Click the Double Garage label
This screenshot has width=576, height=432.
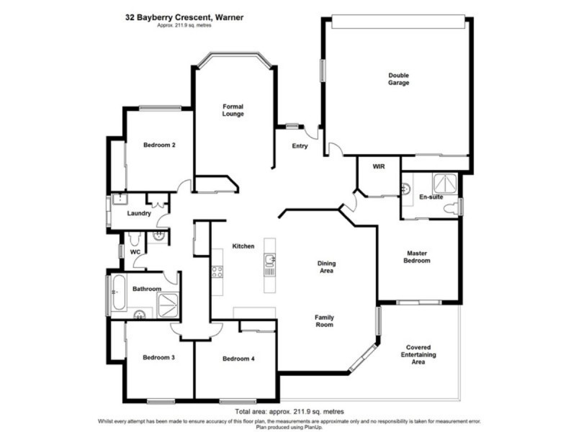(398, 79)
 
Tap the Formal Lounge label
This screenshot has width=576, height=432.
(233, 110)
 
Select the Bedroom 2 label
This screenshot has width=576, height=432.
(159, 145)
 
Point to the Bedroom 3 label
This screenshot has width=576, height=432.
(158, 358)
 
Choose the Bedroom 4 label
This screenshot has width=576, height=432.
(238, 359)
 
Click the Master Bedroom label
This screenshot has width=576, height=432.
(418, 256)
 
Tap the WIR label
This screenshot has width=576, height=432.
(379, 166)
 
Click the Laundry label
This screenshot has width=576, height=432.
(138, 213)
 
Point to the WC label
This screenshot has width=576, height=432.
(135, 252)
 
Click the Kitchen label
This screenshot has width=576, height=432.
(243, 246)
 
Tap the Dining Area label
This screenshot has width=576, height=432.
(326, 268)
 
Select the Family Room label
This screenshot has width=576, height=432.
(324, 321)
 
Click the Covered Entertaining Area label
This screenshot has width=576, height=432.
(418, 354)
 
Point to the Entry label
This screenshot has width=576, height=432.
(300, 146)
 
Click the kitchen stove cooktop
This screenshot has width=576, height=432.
(216, 271)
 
